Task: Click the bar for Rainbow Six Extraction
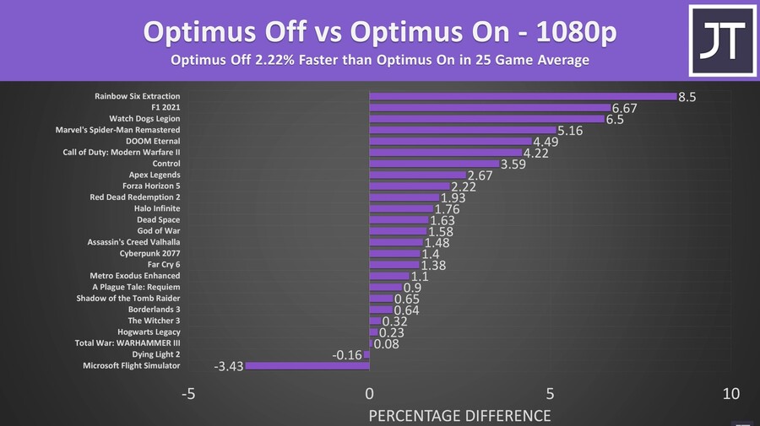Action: pyautogui.click(x=523, y=96)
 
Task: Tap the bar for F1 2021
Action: pyautogui.click(x=490, y=107)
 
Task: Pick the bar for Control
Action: pyautogui.click(x=433, y=164)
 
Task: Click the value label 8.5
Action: pyautogui.click(x=687, y=97)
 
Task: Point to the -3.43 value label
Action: pyautogui.click(x=228, y=367)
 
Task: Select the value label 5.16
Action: pyautogui.click(x=571, y=131)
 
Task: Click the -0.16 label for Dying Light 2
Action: pyautogui.click(x=348, y=355)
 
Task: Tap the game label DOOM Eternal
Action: pyautogui.click(x=153, y=141)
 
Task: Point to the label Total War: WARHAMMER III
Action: pyautogui.click(x=128, y=343)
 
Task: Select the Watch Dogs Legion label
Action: pyautogui.click(x=144, y=119)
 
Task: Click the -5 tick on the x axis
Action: pyautogui.click(x=188, y=394)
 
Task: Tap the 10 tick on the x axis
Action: pyautogui.click(x=731, y=394)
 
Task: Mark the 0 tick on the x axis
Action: pyautogui.click(x=369, y=394)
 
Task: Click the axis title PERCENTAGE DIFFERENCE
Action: pyautogui.click(x=459, y=415)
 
